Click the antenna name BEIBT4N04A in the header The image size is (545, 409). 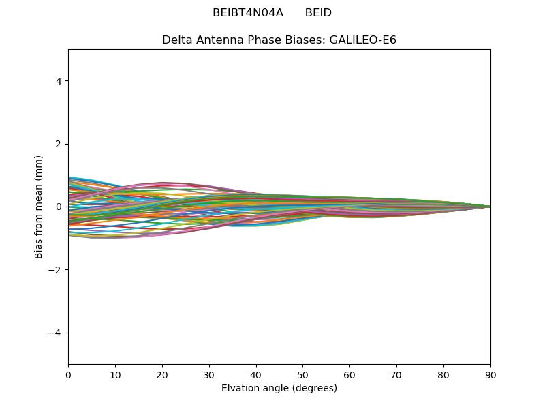pyautogui.click(x=248, y=13)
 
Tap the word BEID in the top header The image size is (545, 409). pyautogui.click(x=318, y=13)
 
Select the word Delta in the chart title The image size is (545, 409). pyautogui.click(x=176, y=40)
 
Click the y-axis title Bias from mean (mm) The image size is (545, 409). pyautogui.click(x=39, y=207)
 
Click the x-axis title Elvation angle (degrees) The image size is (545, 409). pyautogui.click(x=279, y=389)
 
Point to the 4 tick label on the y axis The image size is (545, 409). pyautogui.click(x=59, y=81)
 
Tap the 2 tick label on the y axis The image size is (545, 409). pyautogui.click(x=59, y=144)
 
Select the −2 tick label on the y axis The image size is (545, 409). pyautogui.click(x=56, y=270)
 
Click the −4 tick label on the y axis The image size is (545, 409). pyautogui.click(x=56, y=333)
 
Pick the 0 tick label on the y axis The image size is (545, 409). pyautogui.click(x=59, y=207)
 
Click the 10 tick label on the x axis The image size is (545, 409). pyautogui.click(x=115, y=374)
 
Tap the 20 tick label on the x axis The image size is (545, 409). pyautogui.click(x=162, y=374)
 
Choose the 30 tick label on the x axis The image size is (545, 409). pyautogui.click(x=209, y=374)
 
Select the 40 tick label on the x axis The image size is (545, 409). pyautogui.click(x=256, y=374)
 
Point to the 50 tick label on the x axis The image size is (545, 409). pyautogui.click(x=302, y=374)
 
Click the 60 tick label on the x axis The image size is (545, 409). pyautogui.click(x=349, y=374)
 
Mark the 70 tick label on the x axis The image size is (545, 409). pyautogui.click(x=396, y=374)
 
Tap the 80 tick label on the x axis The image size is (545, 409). pyautogui.click(x=443, y=374)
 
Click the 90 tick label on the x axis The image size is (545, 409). pyautogui.click(x=490, y=374)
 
